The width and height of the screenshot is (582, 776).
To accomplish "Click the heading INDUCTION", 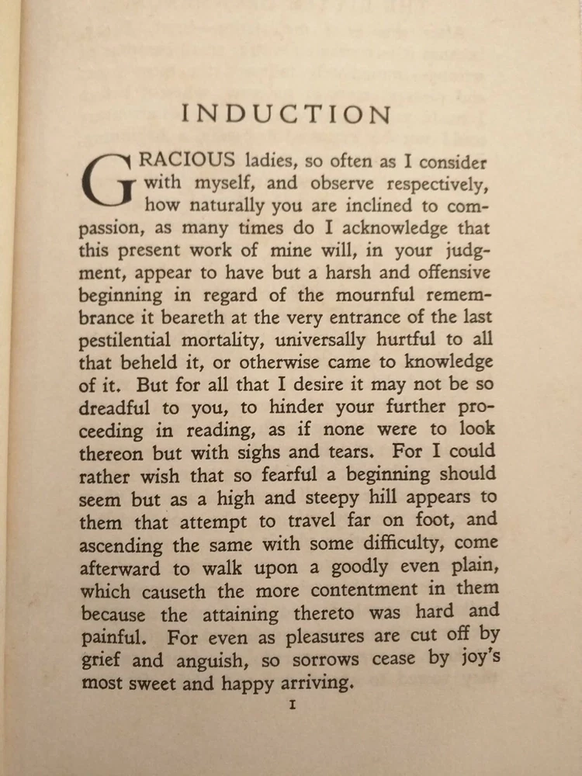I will click(286, 114).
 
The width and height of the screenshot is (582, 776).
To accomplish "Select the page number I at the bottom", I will click(292, 705).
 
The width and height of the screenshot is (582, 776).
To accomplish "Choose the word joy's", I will click(474, 659).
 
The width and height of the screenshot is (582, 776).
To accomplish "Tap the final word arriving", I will click(310, 683).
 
